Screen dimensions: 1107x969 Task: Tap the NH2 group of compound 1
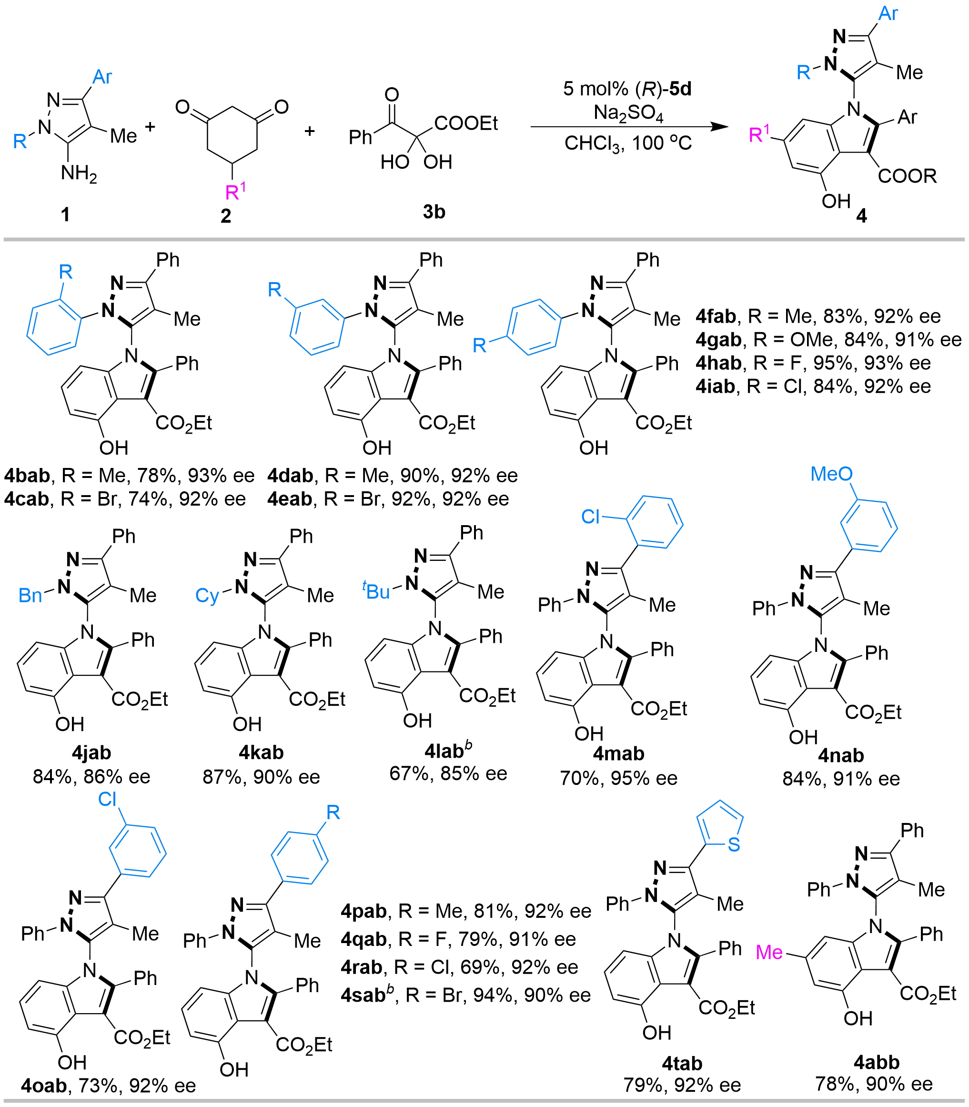click(x=79, y=174)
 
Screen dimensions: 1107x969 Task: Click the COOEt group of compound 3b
click(x=465, y=124)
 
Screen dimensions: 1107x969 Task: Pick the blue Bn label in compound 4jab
click(x=31, y=595)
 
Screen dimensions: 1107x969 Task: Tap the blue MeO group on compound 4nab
click(x=833, y=474)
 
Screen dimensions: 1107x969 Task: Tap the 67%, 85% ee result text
click(x=448, y=774)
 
